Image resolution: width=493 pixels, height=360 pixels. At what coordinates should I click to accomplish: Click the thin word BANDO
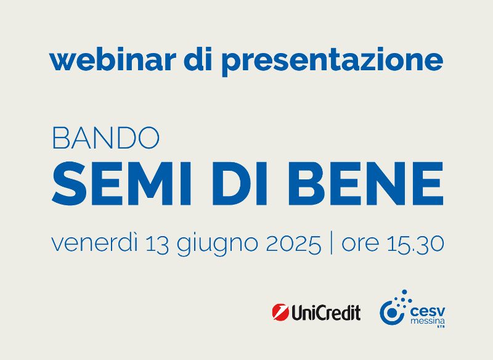[106, 137]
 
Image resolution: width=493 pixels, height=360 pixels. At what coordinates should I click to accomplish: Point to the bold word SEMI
[121, 183]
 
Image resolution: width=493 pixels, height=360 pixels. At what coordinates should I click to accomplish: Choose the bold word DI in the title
[240, 183]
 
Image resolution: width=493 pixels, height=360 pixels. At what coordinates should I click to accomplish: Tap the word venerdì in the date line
[95, 243]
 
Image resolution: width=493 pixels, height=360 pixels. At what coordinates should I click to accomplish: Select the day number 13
[157, 243]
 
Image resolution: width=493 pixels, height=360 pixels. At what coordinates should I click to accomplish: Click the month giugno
[218, 245]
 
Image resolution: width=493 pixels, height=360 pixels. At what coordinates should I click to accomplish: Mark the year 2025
[294, 243]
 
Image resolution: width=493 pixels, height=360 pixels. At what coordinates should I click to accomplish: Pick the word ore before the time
[361, 245]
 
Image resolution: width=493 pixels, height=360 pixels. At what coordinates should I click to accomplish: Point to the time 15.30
[415, 243]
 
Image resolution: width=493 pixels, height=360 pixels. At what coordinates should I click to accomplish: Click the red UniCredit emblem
[280, 312]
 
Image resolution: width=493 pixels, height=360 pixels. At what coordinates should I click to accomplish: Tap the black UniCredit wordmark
[326, 313]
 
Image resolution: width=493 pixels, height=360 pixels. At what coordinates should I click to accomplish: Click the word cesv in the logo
[428, 312]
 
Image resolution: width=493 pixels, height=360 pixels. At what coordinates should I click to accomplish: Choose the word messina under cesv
[428, 321]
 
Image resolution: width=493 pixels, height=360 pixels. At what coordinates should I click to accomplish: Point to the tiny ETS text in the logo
[441, 327]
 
